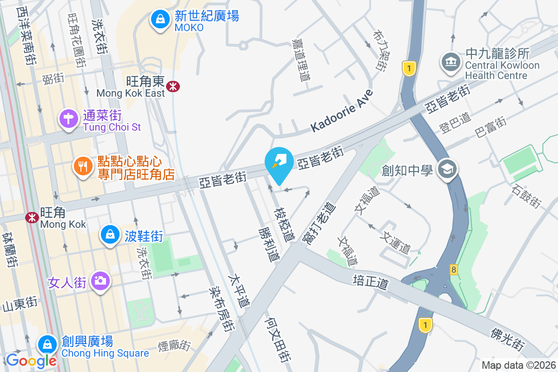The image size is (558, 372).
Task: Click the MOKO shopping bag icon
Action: point(159,20)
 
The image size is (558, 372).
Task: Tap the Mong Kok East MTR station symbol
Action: point(174,86)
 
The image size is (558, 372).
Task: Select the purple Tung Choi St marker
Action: point(68,119)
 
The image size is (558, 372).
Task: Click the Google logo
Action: point(31,360)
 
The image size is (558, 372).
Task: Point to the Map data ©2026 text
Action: point(519,365)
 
